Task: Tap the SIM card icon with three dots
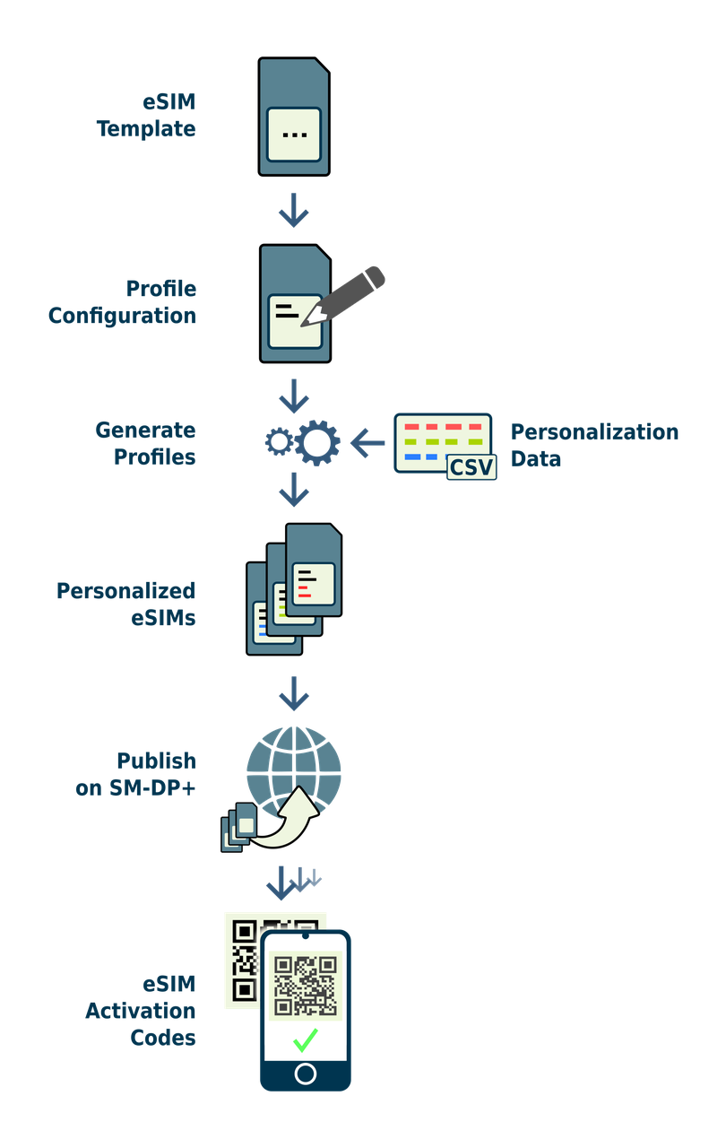[x=294, y=117]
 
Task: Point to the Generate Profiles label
[x=145, y=443]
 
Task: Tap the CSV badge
[x=471, y=466]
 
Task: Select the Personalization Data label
[x=594, y=445]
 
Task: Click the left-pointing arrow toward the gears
[x=367, y=442]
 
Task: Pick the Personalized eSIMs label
[x=125, y=604]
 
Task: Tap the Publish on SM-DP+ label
[x=136, y=774]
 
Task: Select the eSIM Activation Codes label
[x=141, y=1011]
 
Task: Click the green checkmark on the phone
[x=306, y=1039]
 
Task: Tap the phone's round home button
[x=306, y=1074]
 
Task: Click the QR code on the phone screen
[x=306, y=986]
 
